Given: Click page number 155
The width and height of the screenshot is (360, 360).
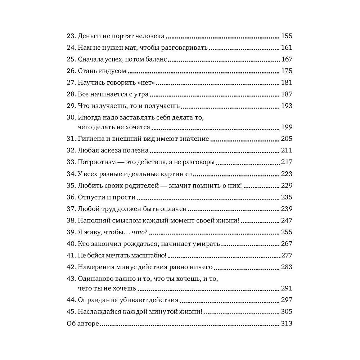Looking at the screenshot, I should tap(286, 36).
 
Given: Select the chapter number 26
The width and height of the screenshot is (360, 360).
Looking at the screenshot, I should tap(71, 71).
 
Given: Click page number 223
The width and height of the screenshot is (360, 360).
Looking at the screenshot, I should tap(286, 174).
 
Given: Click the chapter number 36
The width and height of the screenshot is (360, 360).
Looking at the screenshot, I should tap(71, 197).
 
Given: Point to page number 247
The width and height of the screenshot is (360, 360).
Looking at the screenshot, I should tap(286, 220).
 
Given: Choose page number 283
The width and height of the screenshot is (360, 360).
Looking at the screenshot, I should tap(286, 267).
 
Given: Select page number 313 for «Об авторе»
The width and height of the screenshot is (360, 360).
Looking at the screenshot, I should tap(286, 324).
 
